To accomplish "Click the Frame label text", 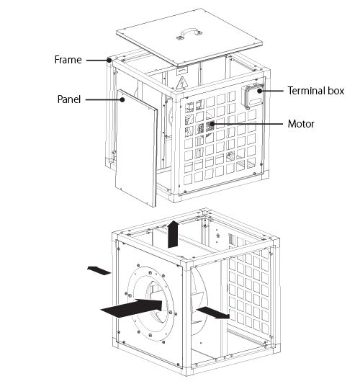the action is point(68,60).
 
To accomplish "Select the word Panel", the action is point(69,99).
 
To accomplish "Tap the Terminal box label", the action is point(316,91).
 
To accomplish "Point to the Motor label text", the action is point(301,124).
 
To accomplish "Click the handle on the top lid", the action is point(189,32).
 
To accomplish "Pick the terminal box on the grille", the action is point(253,96).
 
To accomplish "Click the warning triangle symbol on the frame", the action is point(181,83).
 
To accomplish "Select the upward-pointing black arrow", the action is point(173,233).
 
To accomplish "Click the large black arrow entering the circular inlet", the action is point(132,308).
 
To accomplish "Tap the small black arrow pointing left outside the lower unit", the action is point(99,270).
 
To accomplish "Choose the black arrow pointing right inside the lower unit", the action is point(213,313).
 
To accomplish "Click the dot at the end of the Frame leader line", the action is point(109,60).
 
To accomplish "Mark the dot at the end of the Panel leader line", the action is point(122,99).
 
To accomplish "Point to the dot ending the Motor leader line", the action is point(212,124).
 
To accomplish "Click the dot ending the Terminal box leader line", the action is point(260,91).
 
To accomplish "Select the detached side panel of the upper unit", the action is point(136,148).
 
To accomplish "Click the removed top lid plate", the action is point(189,37).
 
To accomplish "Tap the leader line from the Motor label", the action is point(248,124).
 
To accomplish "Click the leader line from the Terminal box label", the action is point(271,91).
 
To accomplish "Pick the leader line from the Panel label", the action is point(104,99).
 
